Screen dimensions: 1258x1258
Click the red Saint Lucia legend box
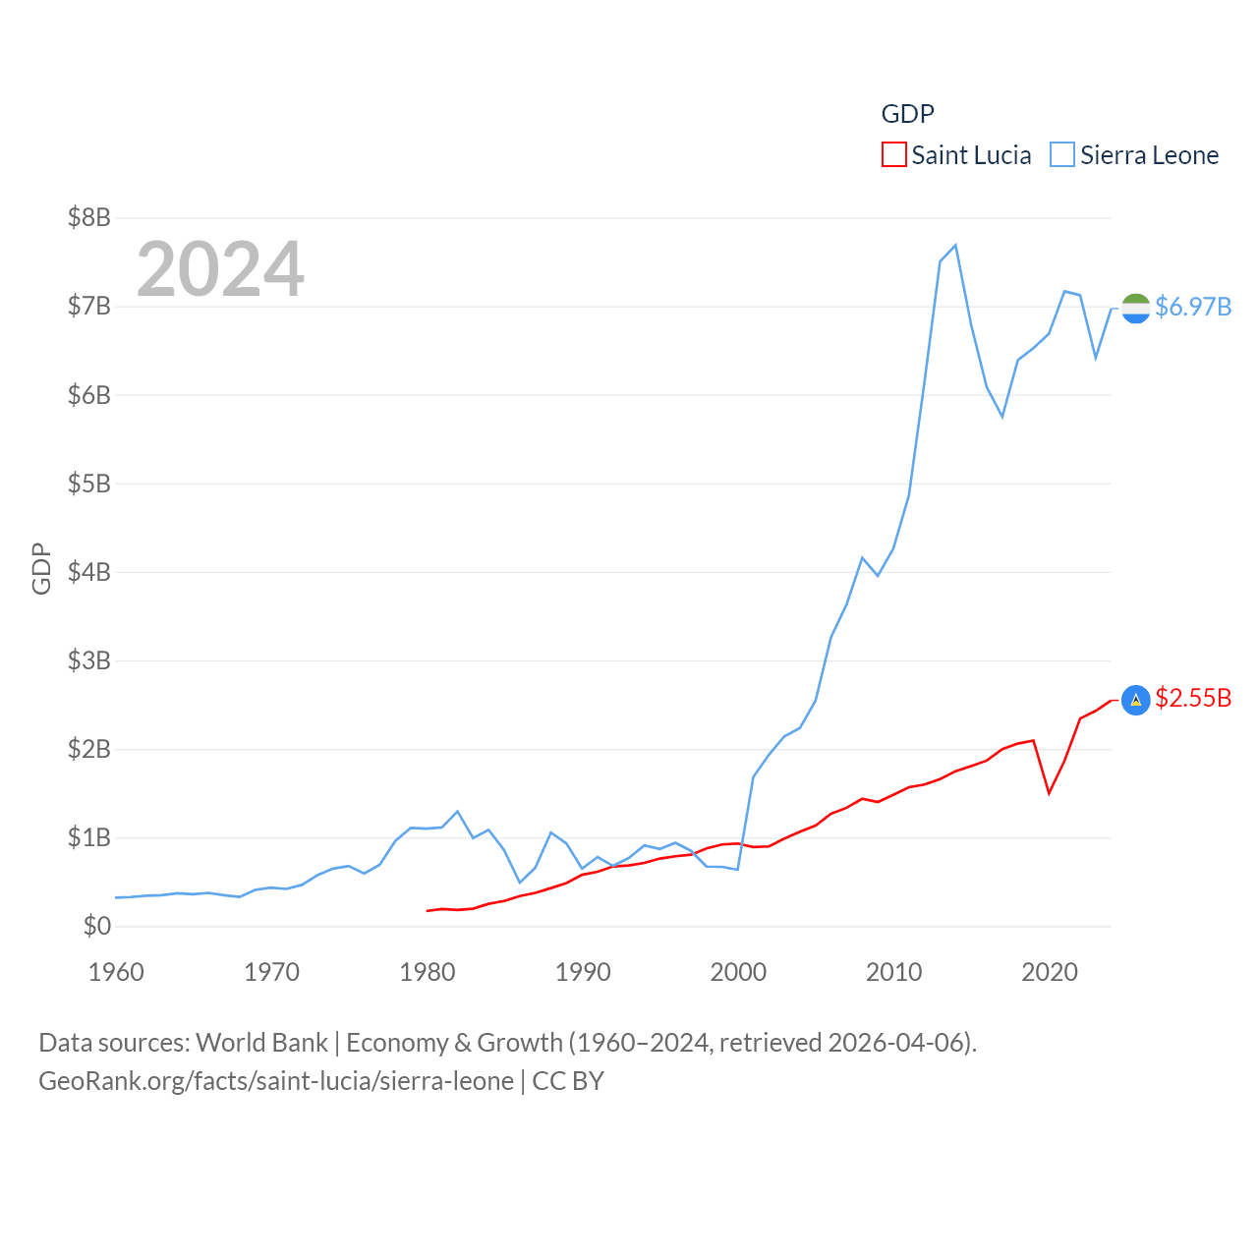[x=893, y=155]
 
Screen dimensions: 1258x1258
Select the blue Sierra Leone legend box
[x=1062, y=155]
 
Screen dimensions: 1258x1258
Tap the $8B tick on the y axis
[x=89, y=217]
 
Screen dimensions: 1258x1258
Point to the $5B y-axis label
[x=89, y=484]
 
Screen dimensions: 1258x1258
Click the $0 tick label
[x=97, y=926]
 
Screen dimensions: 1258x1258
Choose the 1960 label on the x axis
[x=116, y=972]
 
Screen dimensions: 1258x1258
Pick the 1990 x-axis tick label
[x=583, y=972]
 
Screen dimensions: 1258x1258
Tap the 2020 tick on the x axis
[x=1050, y=972]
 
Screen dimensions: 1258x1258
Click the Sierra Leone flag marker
[x=1135, y=308]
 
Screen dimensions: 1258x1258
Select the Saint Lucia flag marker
[x=1135, y=700]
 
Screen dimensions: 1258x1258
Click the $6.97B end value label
[x=1193, y=307]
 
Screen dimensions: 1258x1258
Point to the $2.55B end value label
[x=1193, y=698]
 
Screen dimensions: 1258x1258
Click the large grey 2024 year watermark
[x=220, y=268]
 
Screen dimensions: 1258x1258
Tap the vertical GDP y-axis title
[x=41, y=568]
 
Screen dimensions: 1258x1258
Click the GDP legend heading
[x=907, y=114]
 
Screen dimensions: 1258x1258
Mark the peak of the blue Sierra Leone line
[x=955, y=245]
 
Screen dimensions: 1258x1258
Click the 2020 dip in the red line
[x=1050, y=792]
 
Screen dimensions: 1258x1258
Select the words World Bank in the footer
[x=261, y=1042]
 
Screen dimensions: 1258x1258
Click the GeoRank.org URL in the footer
[x=276, y=1081]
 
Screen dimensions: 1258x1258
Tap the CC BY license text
[x=568, y=1081]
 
